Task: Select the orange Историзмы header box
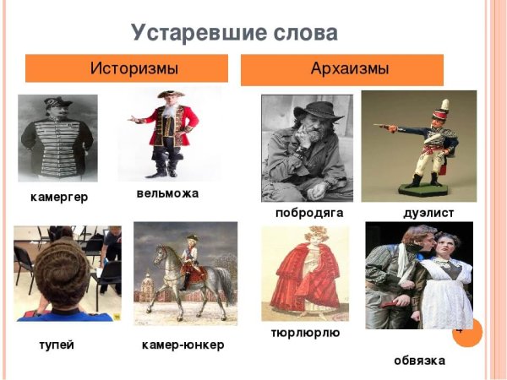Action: click(127, 68)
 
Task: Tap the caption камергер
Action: click(58, 197)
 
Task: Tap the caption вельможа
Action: click(167, 193)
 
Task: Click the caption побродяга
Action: click(308, 213)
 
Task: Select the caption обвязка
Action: click(419, 361)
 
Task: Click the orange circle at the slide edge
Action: click(466, 332)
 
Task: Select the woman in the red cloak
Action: click(304, 274)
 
